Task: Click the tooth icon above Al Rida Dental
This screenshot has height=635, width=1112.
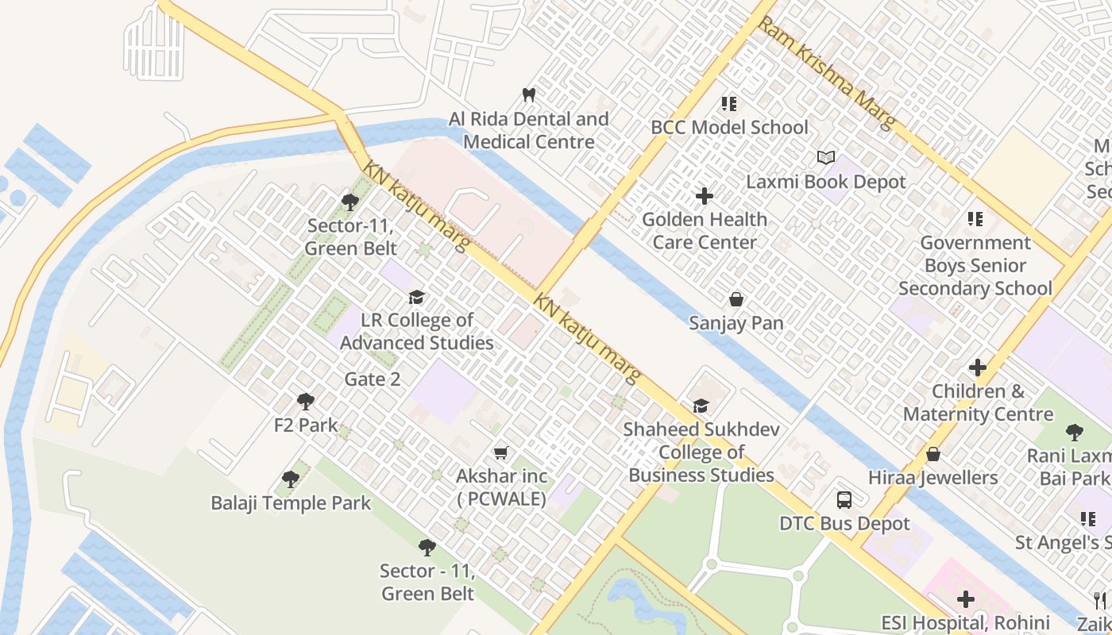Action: (x=528, y=95)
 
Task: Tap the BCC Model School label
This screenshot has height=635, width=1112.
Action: (x=728, y=127)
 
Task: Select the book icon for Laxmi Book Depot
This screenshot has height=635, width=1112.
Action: (x=826, y=158)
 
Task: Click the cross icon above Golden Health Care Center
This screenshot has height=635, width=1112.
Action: (x=704, y=195)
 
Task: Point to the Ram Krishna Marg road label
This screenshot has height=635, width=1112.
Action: (x=827, y=71)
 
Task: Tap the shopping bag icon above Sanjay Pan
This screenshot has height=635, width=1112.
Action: (x=736, y=299)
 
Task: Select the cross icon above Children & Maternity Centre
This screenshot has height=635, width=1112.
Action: (x=977, y=368)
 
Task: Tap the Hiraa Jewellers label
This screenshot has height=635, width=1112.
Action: (x=932, y=478)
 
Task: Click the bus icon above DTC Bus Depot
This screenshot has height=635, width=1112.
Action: (x=844, y=500)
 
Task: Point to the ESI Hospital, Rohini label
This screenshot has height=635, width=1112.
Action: (x=965, y=622)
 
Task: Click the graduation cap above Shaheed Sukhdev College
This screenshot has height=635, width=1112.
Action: (x=700, y=406)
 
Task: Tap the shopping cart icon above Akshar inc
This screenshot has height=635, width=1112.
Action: (x=500, y=453)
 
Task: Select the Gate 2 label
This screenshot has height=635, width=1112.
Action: (x=373, y=379)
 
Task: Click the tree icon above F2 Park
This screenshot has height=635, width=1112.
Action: (x=306, y=402)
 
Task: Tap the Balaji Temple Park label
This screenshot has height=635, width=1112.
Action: (x=291, y=503)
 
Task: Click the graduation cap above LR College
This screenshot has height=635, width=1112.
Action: (x=416, y=298)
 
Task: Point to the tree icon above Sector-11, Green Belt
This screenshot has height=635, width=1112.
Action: (x=349, y=202)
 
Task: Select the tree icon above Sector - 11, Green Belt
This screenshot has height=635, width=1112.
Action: (x=427, y=547)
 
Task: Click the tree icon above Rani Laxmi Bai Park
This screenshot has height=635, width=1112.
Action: (x=1074, y=433)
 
